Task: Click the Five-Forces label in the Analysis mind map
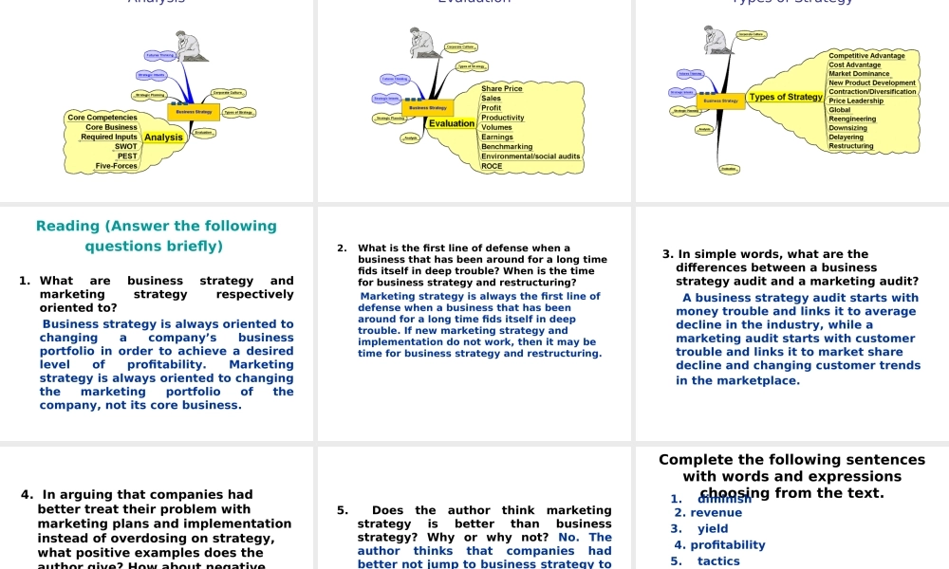117,166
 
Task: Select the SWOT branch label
125,147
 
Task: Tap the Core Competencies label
102,118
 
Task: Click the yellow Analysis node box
163,138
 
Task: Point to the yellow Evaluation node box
452,123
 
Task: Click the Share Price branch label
502,88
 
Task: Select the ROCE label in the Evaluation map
492,166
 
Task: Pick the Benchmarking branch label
507,147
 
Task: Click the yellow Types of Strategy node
786,97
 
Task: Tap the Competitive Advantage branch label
866,56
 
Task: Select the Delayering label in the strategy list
846,138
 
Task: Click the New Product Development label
872,83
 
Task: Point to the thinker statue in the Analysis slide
188,46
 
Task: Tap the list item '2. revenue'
695,513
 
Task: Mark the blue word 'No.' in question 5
570,538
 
